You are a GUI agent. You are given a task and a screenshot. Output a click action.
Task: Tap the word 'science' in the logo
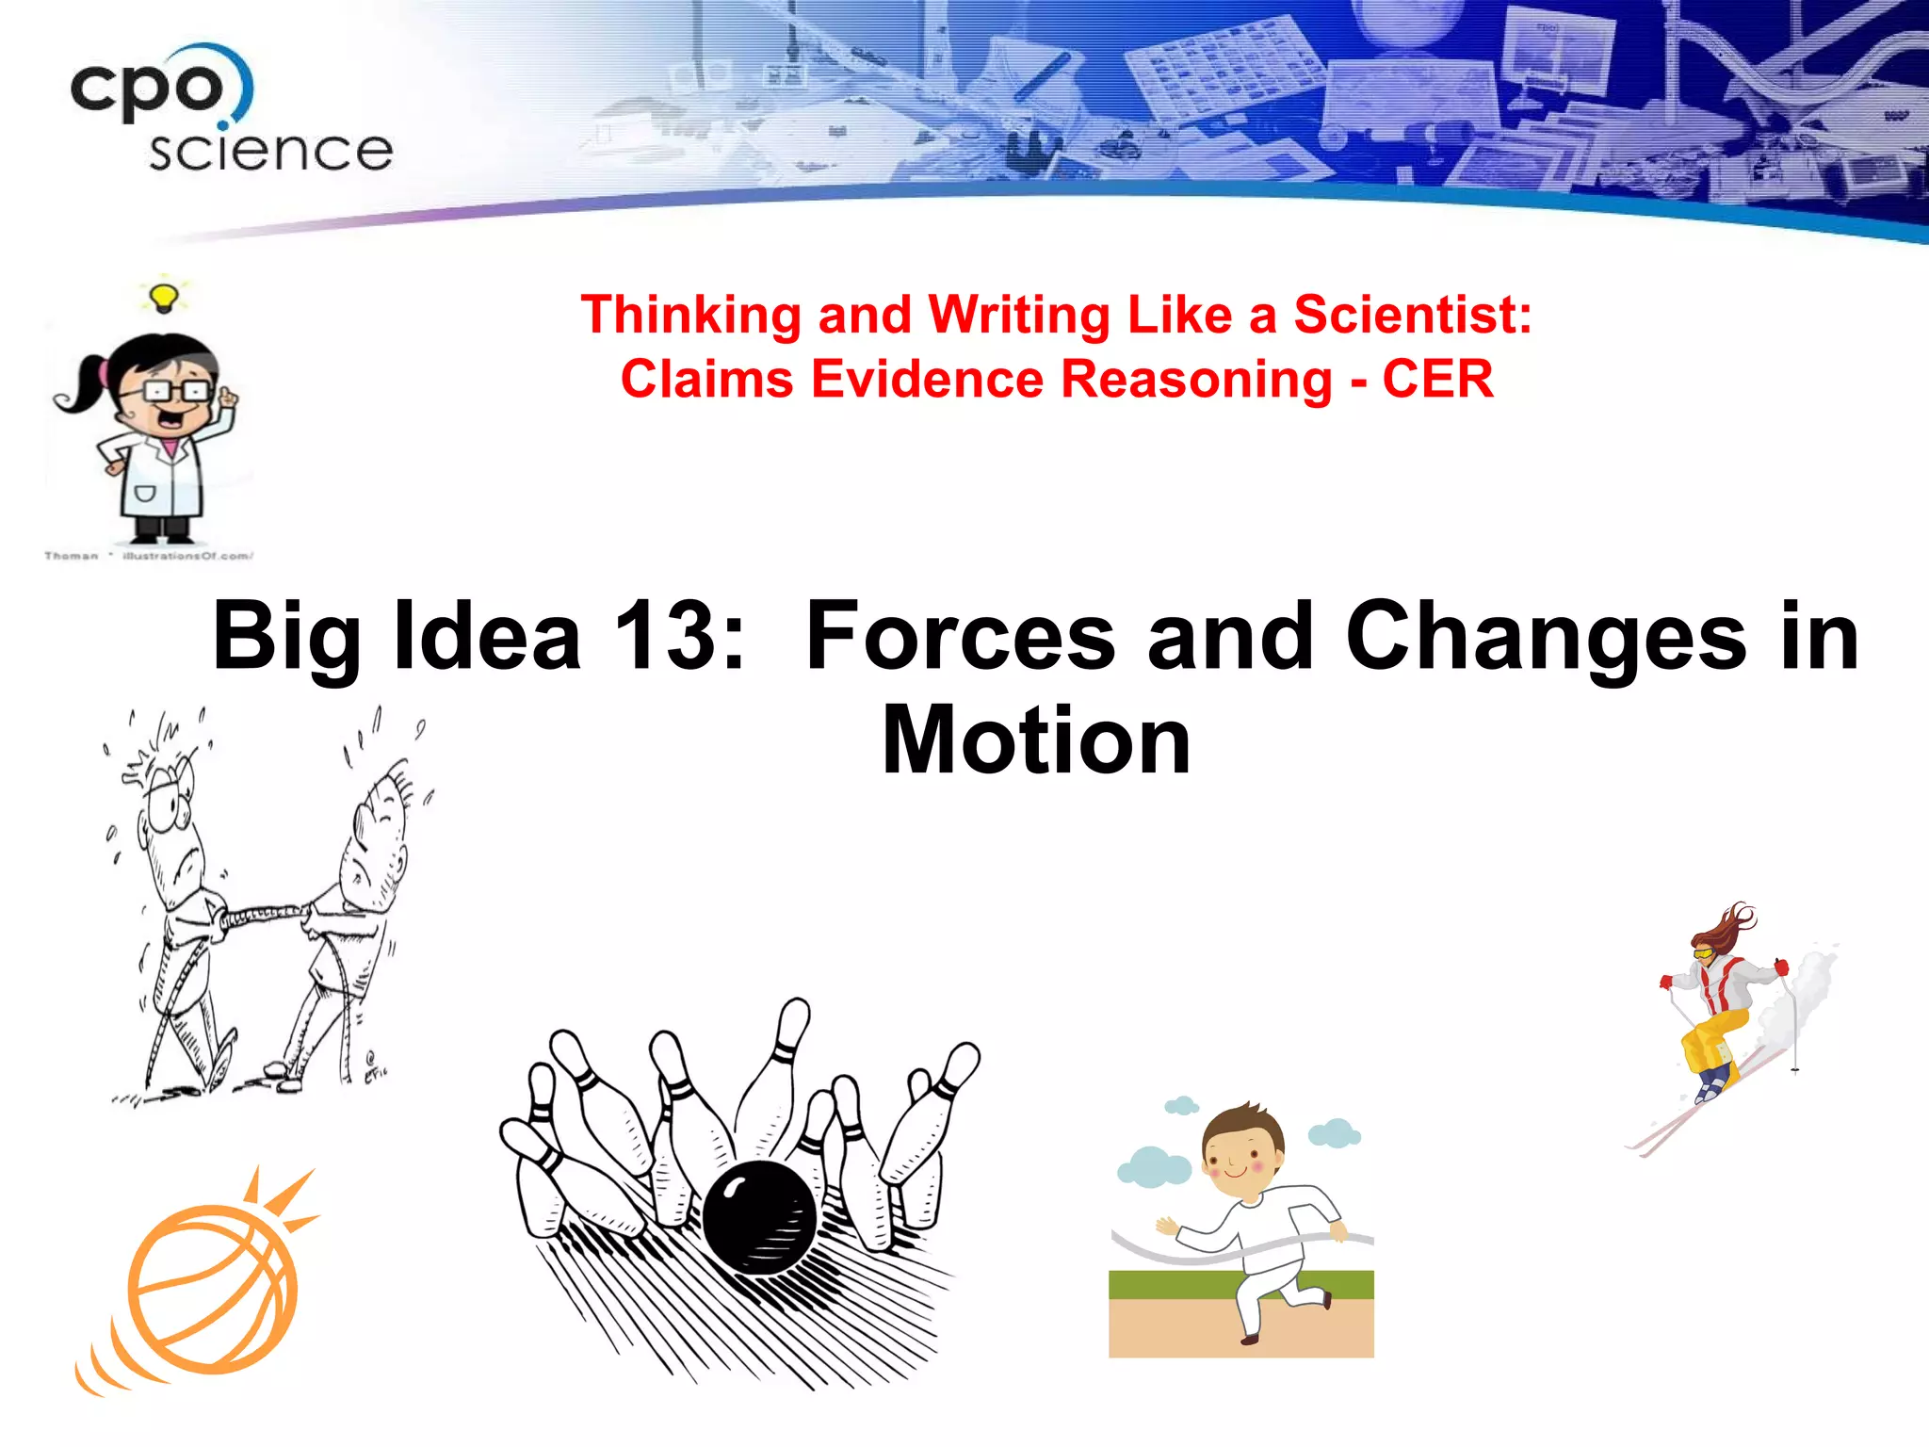pyautogui.click(x=270, y=151)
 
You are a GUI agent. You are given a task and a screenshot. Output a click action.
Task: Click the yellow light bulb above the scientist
pyautogui.click(x=165, y=297)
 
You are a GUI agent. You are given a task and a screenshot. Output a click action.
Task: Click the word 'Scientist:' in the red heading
pyautogui.click(x=1412, y=315)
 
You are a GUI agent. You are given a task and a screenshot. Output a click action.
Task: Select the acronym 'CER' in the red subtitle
pyautogui.click(x=1437, y=379)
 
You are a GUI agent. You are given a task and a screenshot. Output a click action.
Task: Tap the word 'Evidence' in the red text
pyautogui.click(x=929, y=379)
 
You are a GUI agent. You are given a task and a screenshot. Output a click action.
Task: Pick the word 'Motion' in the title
pyautogui.click(x=1036, y=740)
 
